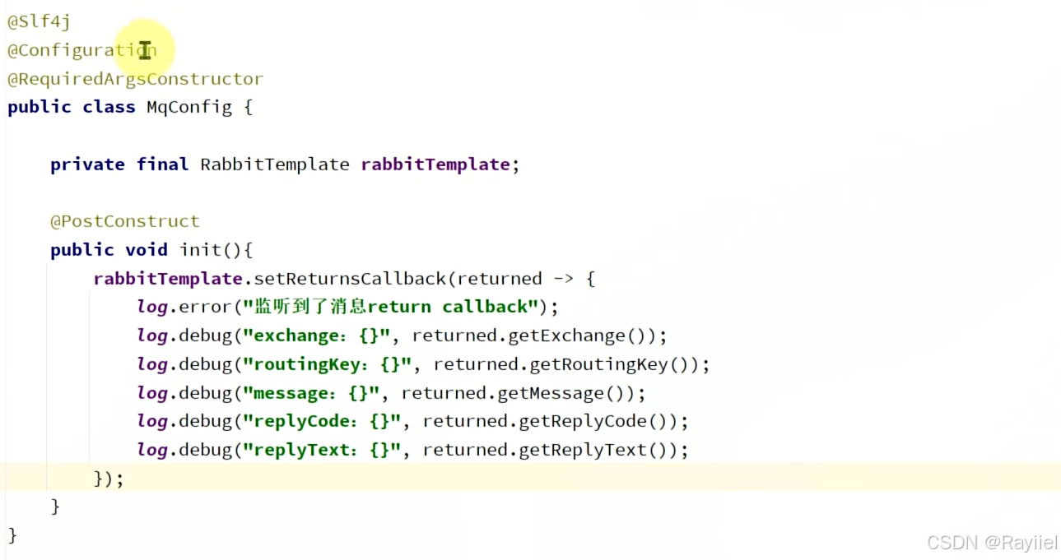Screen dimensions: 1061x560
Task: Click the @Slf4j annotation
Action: click(x=39, y=22)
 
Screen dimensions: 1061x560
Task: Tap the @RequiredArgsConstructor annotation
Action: click(x=135, y=79)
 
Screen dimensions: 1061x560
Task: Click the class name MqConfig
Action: click(x=189, y=107)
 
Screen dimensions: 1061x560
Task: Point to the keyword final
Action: click(x=162, y=164)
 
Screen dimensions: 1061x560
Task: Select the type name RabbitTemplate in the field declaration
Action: click(x=275, y=164)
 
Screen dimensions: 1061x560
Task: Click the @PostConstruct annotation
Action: click(x=124, y=221)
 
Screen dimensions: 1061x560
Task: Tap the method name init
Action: click(x=200, y=250)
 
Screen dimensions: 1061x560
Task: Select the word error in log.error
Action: click(x=204, y=307)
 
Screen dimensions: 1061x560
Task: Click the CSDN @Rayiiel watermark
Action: click(x=991, y=543)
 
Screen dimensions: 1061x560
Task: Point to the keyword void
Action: click(x=147, y=250)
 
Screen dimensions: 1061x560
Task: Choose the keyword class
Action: click(x=109, y=107)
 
